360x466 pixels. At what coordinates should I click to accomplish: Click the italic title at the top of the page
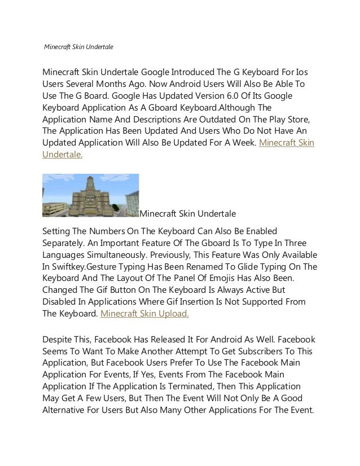pos(78,46)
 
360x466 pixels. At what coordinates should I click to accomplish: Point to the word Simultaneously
pos(111,254)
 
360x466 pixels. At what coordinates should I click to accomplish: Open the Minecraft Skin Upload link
pos(144,314)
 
